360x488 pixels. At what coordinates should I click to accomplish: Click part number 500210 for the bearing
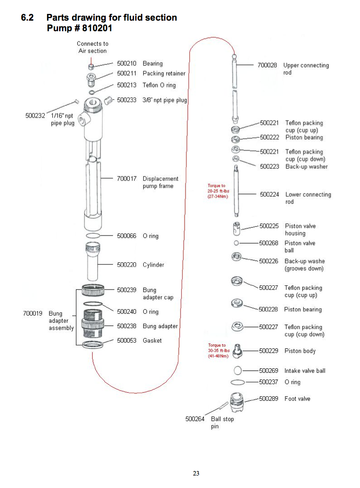pos(126,63)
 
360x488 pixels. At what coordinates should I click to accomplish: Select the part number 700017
pos(126,179)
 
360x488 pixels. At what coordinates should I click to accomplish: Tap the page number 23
pos(196,474)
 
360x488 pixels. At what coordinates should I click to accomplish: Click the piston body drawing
pos(236,351)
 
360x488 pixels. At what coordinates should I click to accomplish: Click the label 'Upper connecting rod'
pos(306,69)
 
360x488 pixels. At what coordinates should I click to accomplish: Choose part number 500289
pos(269,399)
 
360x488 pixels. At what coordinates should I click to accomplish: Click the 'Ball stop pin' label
pos(222,423)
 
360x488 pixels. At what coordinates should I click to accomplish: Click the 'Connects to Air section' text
pos(92,47)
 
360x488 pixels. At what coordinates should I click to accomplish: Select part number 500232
pos(35,115)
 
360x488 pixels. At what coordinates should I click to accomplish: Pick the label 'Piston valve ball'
pos(300,246)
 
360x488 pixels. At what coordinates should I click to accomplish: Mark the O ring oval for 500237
pos(237,382)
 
